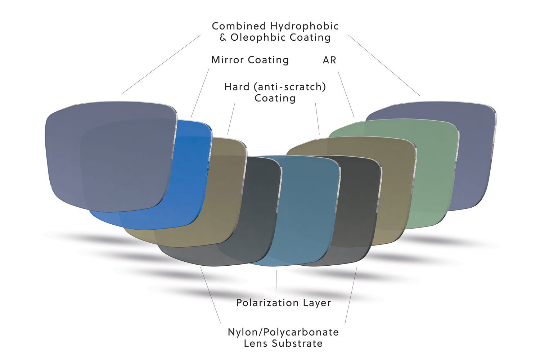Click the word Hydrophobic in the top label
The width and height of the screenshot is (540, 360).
304,26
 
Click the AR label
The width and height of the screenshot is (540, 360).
329,60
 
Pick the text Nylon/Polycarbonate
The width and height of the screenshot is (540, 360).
283,332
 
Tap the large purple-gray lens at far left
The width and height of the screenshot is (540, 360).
108,155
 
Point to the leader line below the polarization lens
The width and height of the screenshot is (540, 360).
277,280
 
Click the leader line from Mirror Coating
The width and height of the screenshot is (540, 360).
200,92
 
